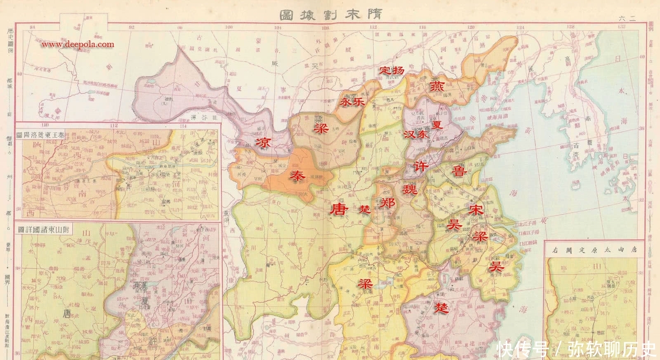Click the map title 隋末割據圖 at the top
[x=330, y=14]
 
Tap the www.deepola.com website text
[x=78, y=45]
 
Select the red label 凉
[x=263, y=143]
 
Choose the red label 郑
[x=387, y=202]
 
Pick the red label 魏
[x=410, y=189]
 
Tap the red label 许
[x=421, y=166]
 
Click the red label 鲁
[x=459, y=170]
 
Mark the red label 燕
[x=436, y=87]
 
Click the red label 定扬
[x=392, y=70]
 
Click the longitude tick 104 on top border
[x=278, y=27]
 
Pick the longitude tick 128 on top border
[x=570, y=27]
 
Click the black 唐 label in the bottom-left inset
[x=66, y=314]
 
